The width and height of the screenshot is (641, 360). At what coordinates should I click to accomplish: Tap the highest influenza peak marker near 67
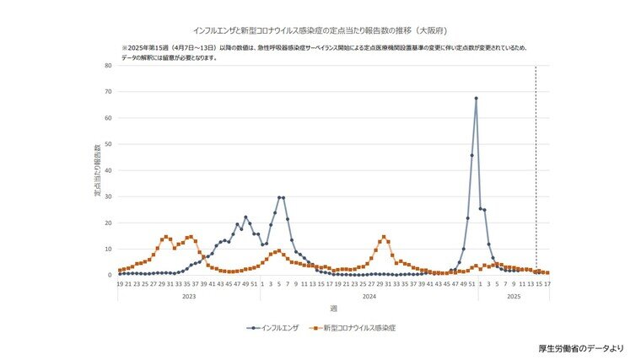(476, 99)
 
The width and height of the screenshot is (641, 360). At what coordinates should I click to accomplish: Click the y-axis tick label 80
(108, 66)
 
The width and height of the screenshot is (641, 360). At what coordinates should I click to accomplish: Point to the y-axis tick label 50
(108, 144)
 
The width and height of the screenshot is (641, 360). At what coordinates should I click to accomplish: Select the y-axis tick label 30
(108, 196)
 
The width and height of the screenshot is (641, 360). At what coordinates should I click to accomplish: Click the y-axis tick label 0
(110, 275)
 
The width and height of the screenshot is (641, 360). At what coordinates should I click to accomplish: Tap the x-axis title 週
(333, 309)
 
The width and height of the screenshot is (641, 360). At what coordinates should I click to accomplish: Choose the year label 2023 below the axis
(189, 297)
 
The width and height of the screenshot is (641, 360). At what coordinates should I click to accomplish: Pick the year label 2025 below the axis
(513, 297)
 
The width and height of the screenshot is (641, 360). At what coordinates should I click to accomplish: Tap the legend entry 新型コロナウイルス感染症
(358, 326)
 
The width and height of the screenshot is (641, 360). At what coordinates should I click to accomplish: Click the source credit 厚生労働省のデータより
(582, 347)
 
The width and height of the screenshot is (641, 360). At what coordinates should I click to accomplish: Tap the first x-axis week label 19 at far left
(120, 284)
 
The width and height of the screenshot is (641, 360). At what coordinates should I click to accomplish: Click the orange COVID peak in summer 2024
(384, 237)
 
